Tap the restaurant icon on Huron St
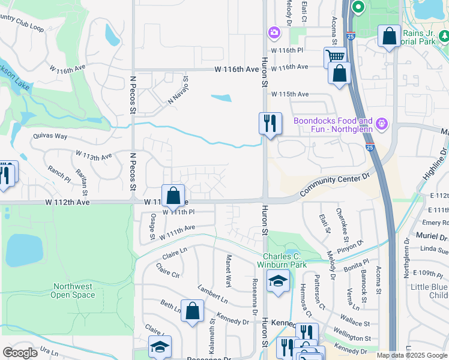tap(270, 124)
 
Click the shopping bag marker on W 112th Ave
tap(173, 195)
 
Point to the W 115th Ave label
tap(289, 95)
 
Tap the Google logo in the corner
tap(20, 353)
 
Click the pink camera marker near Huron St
tap(274, 32)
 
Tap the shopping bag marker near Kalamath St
tap(192, 311)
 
